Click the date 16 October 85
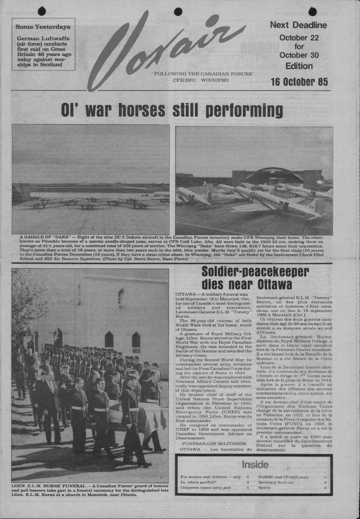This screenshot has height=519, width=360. (x=299, y=82)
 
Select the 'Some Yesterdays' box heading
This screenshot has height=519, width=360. (x=43, y=27)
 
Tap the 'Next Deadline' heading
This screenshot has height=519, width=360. (x=298, y=25)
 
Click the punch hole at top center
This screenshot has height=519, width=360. (x=178, y=12)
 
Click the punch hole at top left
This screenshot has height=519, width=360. (x=42, y=11)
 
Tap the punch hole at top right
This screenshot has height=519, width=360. (x=312, y=12)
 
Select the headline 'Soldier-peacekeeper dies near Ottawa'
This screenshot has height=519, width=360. (x=255, y=278)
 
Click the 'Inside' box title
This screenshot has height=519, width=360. (x=255, y=464)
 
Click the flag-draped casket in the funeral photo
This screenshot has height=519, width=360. (x=136, y=413)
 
